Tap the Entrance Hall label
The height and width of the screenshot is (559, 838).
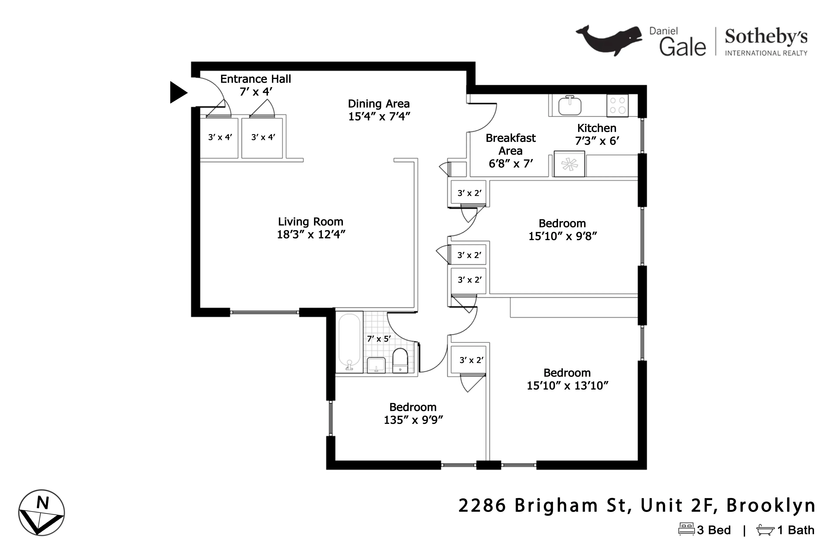tap(255, 79)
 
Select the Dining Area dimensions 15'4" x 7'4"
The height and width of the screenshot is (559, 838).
tap(379, 117)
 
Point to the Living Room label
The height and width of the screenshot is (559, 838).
tap(310, 222)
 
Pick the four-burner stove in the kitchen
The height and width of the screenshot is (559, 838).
tap(617, 105)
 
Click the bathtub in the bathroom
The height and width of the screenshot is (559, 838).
tap(349, 342)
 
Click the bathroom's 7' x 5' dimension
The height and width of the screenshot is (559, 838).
tap(379, 339)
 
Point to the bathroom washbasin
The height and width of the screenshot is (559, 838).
tap(376, 365)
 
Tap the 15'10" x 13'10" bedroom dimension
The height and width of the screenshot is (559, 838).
tap(567, 386)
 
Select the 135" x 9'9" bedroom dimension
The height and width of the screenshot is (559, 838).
tap(413, 420)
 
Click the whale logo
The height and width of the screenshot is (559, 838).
tap(609, 40)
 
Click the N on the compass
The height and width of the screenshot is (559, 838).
tap(43, 503)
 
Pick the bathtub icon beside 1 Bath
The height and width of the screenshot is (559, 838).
tap(765, 530)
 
